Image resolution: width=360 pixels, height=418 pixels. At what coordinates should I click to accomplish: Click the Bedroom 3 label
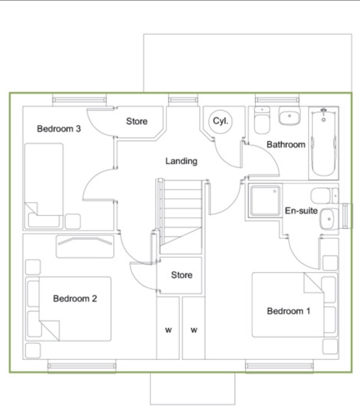(59, 129)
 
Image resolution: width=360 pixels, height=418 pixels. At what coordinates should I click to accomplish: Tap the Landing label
(181, 161)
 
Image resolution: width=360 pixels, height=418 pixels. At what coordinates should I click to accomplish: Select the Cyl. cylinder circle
(220, 121)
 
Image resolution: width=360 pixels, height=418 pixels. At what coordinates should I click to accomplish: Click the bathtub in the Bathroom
(323, 143)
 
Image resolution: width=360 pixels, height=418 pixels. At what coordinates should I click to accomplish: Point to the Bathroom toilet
(262, 121)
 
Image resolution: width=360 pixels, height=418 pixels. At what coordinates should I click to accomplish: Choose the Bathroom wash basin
(289, 116)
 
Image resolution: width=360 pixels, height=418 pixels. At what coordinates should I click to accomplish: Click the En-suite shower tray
(265, 201)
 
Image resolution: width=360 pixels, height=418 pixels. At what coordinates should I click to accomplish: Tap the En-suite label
(301, 211)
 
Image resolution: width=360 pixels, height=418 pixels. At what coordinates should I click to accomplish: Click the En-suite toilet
(325, 196)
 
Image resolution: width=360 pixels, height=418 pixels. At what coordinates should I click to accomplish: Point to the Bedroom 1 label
(288, 311)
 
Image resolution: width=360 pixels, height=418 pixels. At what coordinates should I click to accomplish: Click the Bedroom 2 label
(75, 298)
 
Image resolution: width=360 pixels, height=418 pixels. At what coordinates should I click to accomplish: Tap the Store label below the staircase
(182, 275)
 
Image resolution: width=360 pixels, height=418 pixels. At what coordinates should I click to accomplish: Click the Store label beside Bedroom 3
(137, 121)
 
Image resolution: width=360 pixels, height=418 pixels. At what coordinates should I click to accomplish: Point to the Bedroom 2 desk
(85, 246)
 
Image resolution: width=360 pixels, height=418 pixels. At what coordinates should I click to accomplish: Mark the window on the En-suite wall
(346, 216)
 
